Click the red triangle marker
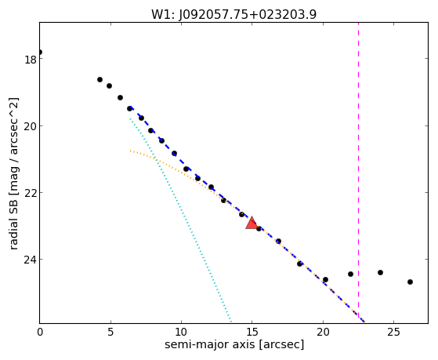(252, 223)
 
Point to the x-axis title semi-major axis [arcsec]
(234, 344)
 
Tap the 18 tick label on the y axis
(31, 60)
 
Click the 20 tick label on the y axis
(30, 126)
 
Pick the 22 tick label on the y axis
(30, 193)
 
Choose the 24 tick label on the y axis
(30, 260)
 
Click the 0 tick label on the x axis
(40, 332)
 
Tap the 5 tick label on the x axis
(110, 332)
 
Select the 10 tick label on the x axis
(181, 332)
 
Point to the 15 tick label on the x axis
(252, 332)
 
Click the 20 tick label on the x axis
(323, 332)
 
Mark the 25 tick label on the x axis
(393, 332)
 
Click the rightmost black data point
(410, 282)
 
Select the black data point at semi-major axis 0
(40, 53)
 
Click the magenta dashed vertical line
(358, 171)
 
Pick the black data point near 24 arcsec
(380, 272)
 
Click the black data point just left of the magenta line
(350, 275)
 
